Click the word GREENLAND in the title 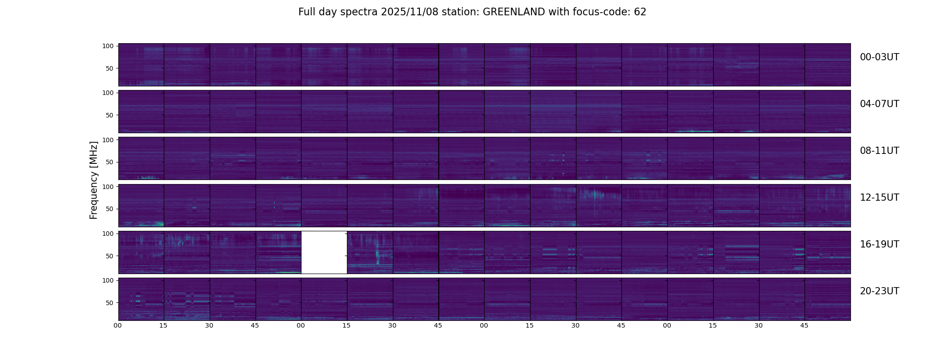[x=513, y=12]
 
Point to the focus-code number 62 [x=640, y=12]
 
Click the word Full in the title [x=307, y=12]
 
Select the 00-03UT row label [x=879, y=57]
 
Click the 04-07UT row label [x=879, y=104]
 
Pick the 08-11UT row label [x=879, y=151]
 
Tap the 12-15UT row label [x=879, y=198]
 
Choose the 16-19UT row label [x=879, y=244]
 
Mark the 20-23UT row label [x=879, y=291]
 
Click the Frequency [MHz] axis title [x=94, y=180]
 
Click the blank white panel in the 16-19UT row [x=324, y=252]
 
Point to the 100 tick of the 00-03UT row [x=108, y=46]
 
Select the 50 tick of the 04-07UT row [x=109, y=115]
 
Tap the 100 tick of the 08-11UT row [x=108, y=140]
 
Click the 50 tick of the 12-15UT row [x=109, y=209]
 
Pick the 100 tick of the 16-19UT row [x=108, y=234]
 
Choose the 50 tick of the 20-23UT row [x=109, y=303]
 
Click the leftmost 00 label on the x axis [x=117, y=325]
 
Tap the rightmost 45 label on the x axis [x=804, y=325]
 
